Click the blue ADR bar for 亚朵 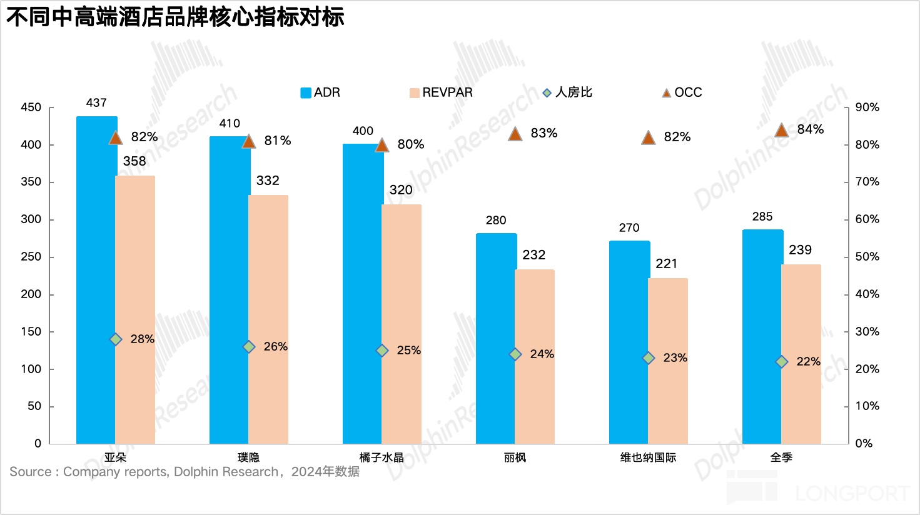96,281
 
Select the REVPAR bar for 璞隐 268,319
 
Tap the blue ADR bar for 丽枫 495,337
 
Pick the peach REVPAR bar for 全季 801,354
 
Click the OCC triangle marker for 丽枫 515,134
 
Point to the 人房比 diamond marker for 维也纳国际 649,358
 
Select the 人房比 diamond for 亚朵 116,339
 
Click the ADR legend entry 320,92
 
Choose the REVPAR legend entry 441,92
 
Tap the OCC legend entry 682,92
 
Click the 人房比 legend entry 567,92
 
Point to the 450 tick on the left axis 31,107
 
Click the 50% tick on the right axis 867,257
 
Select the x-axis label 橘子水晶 382,457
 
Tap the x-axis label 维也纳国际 648,457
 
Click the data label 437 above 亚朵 96,103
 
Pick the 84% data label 811,129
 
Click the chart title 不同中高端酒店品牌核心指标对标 175,17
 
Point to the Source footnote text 185,472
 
